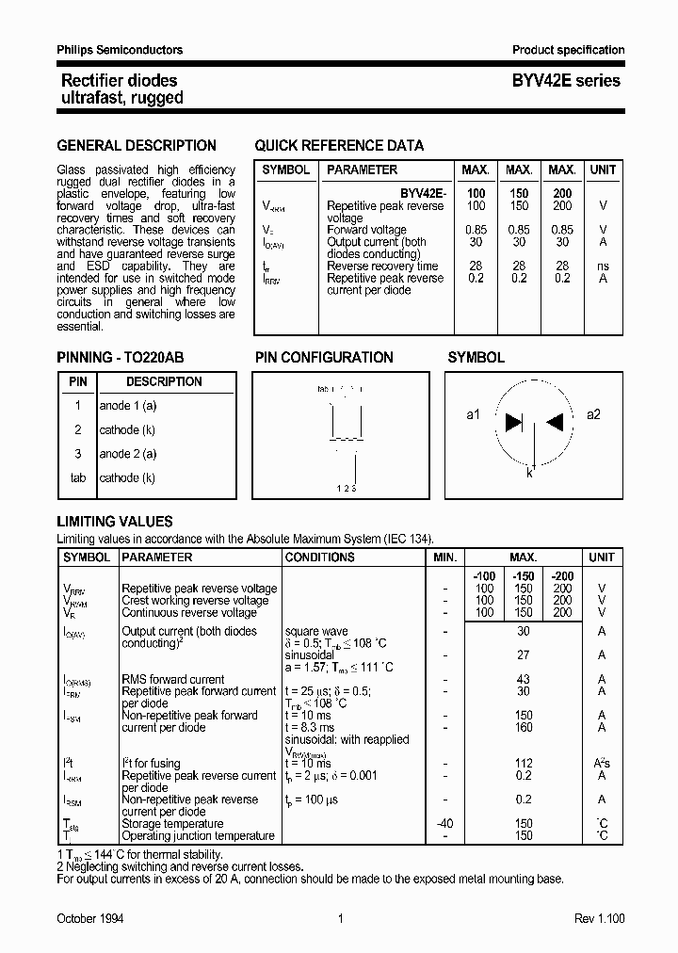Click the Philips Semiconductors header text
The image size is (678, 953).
point(120,50)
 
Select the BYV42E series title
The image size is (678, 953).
point(566,81)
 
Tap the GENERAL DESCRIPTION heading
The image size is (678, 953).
point(137,146)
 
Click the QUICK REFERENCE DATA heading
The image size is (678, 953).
point(339,146)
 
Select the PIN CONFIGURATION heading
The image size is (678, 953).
point(324,358)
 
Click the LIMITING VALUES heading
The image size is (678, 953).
point(115,522)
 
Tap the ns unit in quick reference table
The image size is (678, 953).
point(603,267)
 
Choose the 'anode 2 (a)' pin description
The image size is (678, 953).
point(128,454)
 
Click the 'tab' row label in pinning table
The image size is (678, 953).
point(78,478)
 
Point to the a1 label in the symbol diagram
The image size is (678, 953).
point(474,414)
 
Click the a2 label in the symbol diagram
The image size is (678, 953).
point(593,414)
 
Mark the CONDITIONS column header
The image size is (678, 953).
point(320,557)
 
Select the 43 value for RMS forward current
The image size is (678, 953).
point(524,679)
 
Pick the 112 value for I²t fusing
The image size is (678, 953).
point(524,764)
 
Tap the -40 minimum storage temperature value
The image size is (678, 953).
point(444,823)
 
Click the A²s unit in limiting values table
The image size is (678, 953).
point(601,764)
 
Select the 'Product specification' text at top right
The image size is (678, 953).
point(568,50)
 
